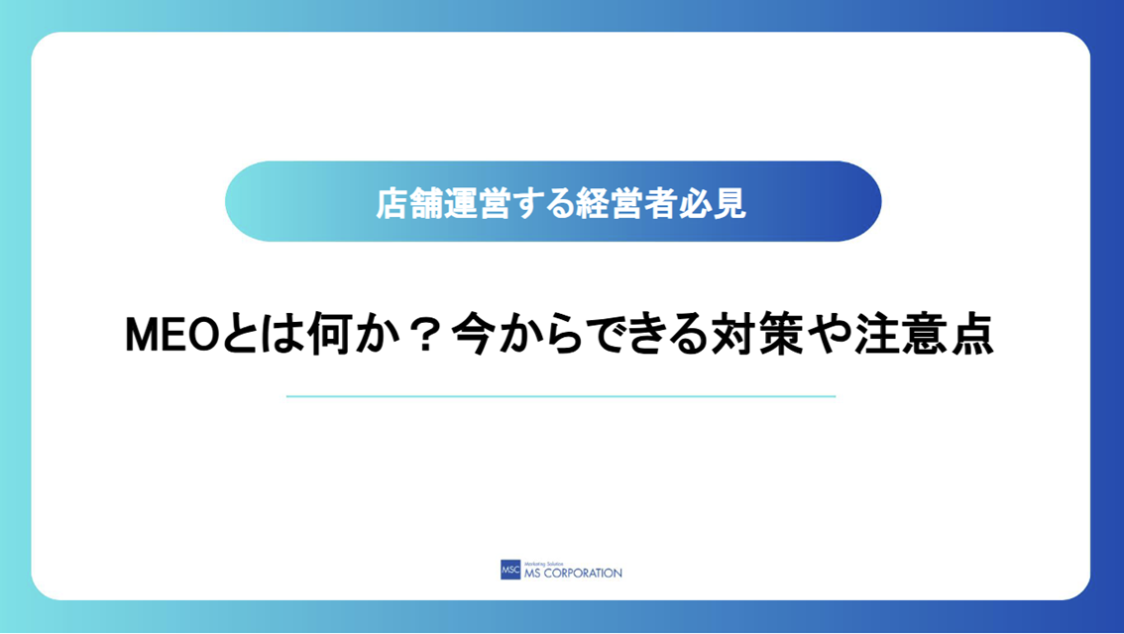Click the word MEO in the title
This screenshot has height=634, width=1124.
pos(171,335)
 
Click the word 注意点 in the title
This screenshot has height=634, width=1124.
pos(925,335)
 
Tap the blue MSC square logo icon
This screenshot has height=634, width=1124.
pos(510,570)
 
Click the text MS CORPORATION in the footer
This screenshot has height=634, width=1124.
pos(573,574)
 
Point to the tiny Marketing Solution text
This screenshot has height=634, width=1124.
pos(544,564)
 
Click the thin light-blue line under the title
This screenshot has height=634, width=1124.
pos(561,396)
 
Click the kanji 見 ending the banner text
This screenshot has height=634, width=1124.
pos(729,203)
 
